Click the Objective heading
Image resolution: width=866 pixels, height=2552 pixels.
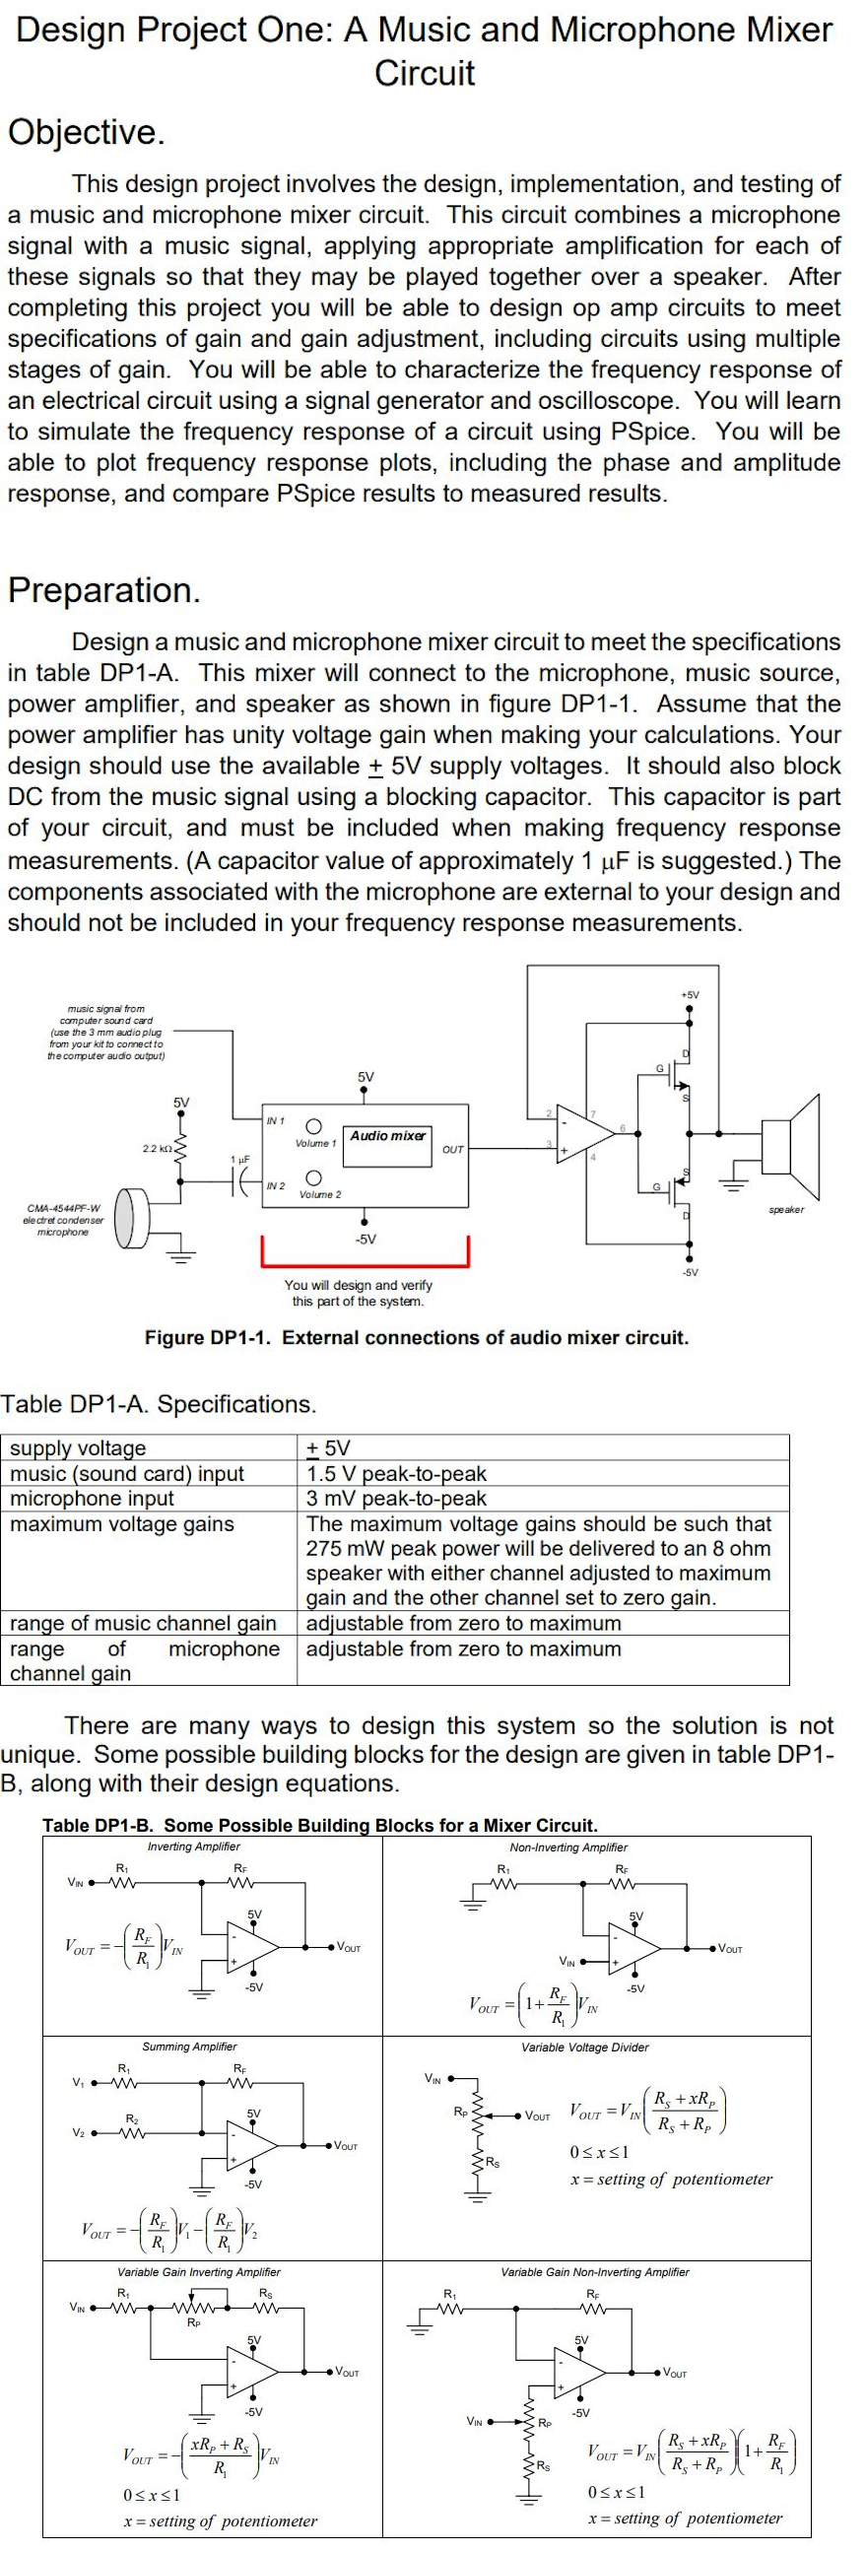(86, 132)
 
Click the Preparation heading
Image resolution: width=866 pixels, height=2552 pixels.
(104, 590)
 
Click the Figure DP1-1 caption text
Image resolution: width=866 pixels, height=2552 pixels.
(416, 1337)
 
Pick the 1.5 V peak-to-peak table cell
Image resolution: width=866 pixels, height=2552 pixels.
(396, 1474)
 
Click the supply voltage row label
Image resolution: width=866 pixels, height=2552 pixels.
(78, 1448)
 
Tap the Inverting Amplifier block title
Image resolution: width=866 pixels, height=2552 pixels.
(193, 1847)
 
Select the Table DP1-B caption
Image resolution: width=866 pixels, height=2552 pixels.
(320, 1825)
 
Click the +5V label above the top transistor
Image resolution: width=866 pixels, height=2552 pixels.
(691, 993)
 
